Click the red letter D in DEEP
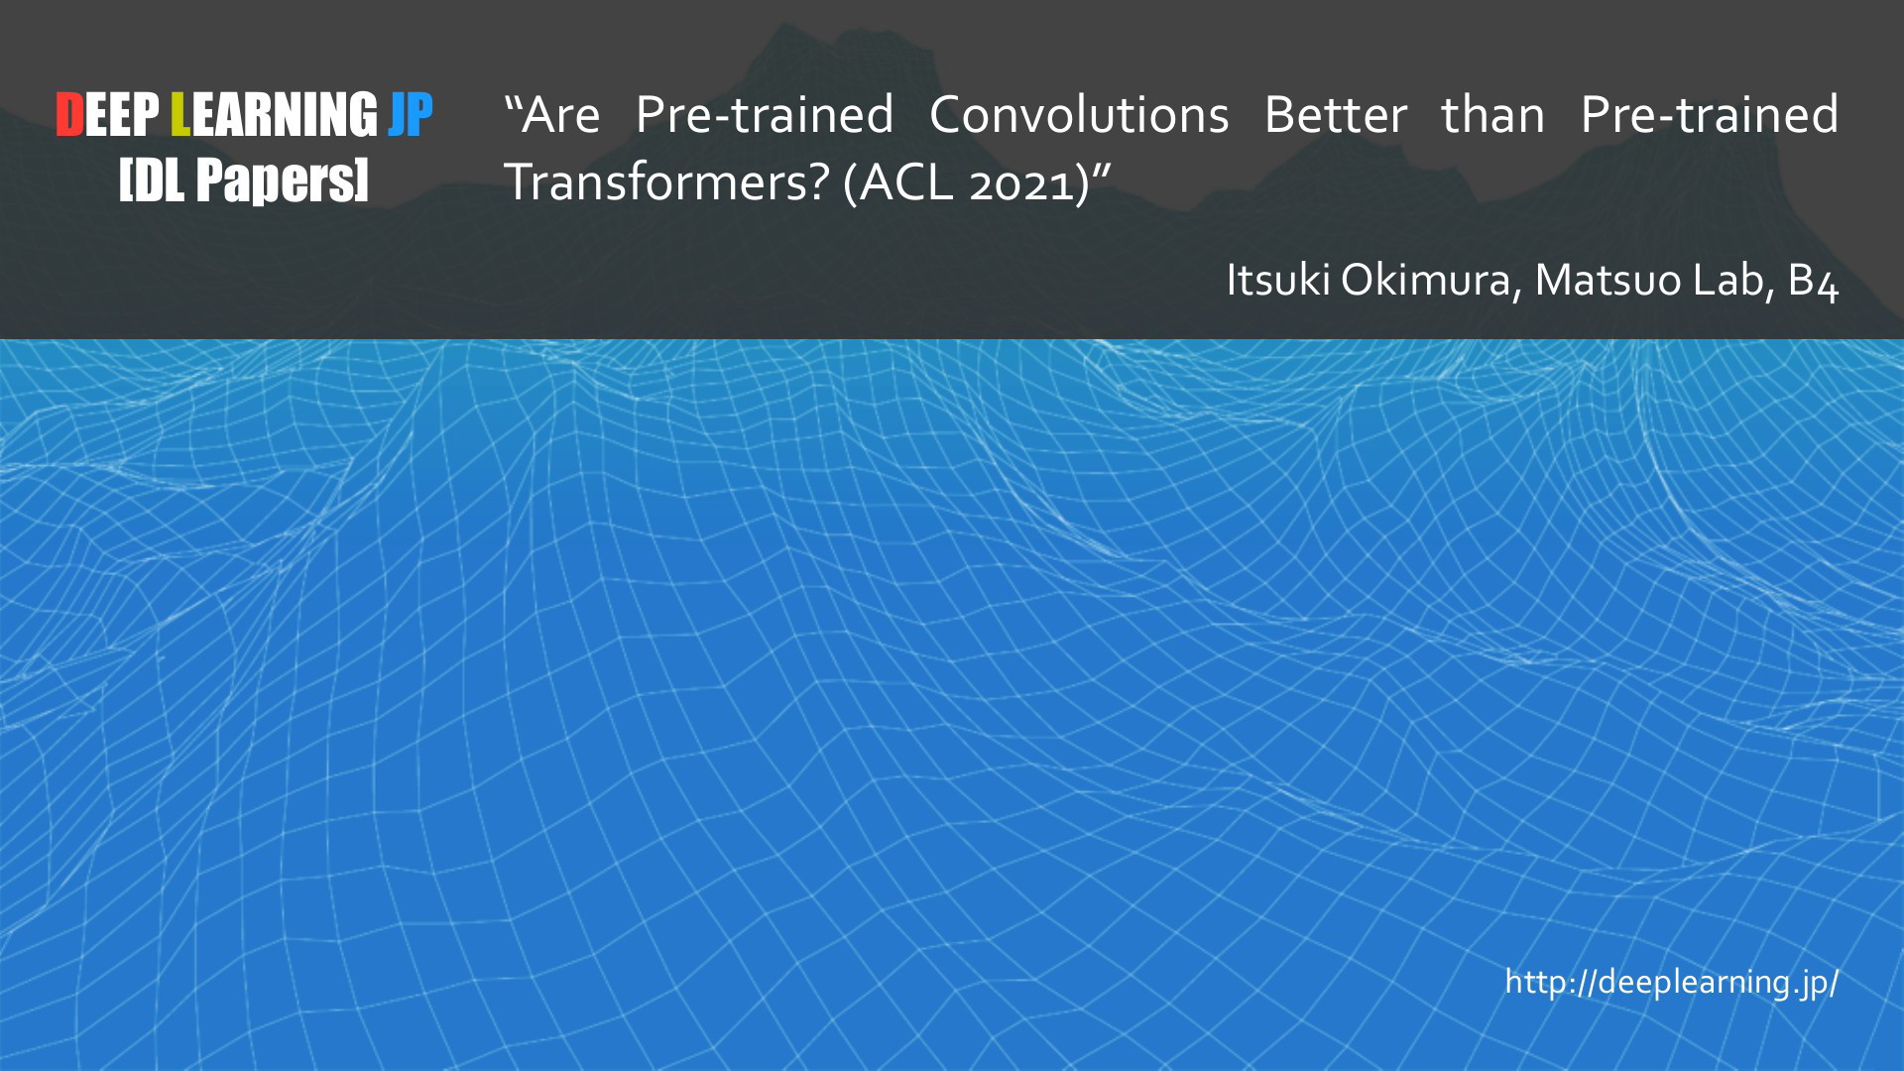click(69, 115)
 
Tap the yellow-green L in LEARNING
click(180, 115)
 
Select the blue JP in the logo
click(411, 115)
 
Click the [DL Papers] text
click(244, 180)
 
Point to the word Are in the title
click(561, 115)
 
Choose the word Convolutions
click(1079, 115)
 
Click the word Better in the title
click(1336, 115)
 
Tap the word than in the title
click(1493, 115)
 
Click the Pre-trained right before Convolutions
click(765, 115)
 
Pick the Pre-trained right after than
click(1710, 115)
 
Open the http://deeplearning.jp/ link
click(1672, 982)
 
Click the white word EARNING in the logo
click(285, 115)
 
